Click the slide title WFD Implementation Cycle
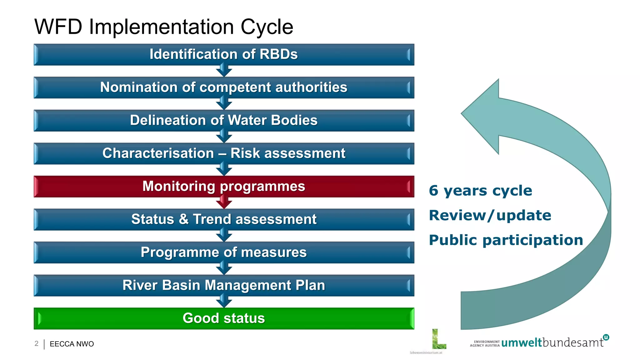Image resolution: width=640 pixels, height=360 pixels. (x=163, y=27)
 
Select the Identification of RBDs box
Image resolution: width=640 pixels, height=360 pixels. (x=224, y=54)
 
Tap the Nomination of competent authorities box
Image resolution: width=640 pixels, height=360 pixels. (x=224, y=87)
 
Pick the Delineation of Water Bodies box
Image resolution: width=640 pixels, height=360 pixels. (x=224, y=120)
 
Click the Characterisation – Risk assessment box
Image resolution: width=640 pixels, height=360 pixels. (x=224, y=153)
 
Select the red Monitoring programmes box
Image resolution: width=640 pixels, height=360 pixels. (x=224, y=186)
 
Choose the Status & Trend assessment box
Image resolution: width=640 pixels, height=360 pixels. (x=224, y=219)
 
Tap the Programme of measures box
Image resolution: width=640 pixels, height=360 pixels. (x=224, y=252)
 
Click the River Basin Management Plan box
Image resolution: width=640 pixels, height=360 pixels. (x=224, y=285)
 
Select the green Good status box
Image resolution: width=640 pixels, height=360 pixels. (x=224, y=318)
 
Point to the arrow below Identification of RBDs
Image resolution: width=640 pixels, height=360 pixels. (x=224, y=71)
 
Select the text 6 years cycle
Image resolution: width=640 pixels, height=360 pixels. (x=480, y=191)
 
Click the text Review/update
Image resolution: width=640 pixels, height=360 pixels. (x=490, y=215)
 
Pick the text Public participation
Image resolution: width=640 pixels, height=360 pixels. (x=506, y=240)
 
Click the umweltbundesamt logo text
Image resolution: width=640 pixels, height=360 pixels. (x=552, y=342)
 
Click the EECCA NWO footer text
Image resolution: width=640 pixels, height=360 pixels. (x=72, y=344)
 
